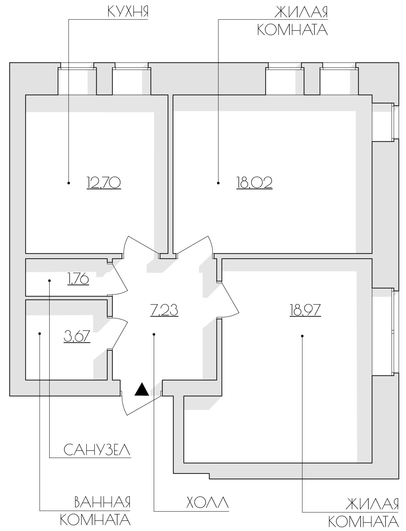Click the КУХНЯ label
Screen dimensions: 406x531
coord(128,11)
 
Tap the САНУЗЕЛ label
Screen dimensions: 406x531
coord(97,450)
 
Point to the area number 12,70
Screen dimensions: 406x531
coord(104,183)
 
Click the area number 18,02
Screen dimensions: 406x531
coord(254,183)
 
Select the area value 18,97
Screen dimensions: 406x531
coord(305,310)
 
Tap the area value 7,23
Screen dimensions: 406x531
coord(164,310)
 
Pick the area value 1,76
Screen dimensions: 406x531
coord(78,279)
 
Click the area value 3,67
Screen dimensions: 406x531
coord(77,336)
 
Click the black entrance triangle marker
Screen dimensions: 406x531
coord(142,389)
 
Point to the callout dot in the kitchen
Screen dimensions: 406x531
coord(69,183)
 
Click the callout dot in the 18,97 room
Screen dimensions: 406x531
coord(302,336)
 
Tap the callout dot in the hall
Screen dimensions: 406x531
coord(154,335)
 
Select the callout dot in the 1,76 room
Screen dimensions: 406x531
coord(50,281)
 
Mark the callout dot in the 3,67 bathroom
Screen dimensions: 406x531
coord(40,334)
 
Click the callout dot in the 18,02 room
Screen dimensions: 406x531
coord(218,183)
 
